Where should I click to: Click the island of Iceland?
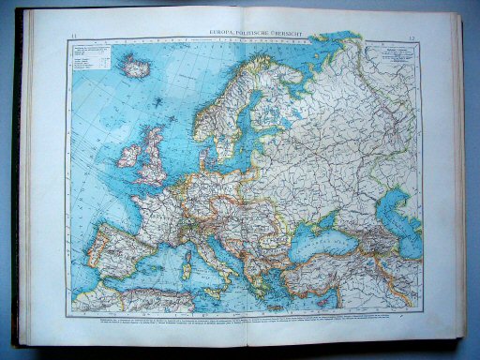coord(137,68)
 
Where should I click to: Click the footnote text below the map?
coord(240,320)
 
